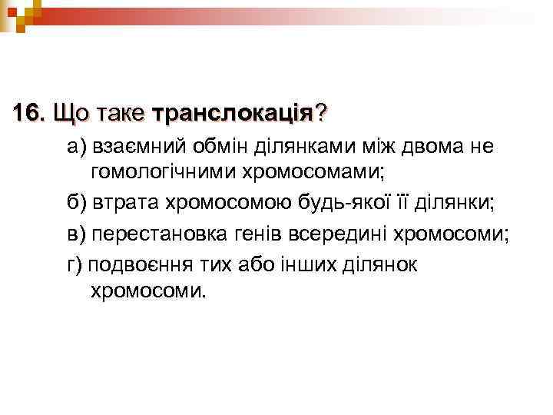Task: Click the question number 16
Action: [x=29, y=114]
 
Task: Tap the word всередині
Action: [x=335, y=235]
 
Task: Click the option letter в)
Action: [x=77, y=235]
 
